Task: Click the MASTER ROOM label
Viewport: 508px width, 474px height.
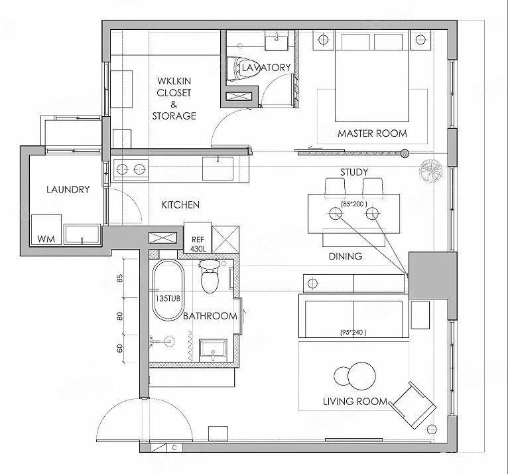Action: [372, 133]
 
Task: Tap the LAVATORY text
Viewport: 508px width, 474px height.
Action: [267, 68]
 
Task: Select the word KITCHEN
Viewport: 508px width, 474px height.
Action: [180, 205]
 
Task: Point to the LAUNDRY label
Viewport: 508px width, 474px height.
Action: [68, 189]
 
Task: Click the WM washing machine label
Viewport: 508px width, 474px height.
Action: [46, 239]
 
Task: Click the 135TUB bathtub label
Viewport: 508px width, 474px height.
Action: [168, 298]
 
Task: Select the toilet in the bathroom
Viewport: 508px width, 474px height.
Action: [210, 276]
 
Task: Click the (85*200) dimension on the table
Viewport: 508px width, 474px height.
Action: [354, 204]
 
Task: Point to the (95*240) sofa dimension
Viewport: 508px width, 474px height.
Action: [353, 333]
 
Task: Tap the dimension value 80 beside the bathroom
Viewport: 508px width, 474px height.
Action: [120, 316]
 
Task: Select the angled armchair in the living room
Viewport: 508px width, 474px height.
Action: [413, 405]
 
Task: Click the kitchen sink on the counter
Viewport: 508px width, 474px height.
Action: [218, 169]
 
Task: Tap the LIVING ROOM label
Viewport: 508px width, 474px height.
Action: [355, 402]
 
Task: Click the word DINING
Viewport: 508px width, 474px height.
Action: [346, 256]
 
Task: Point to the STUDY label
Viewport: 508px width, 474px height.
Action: [354, 172]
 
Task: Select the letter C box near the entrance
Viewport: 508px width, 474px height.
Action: [174, 448]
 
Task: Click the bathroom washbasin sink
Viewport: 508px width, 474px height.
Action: [213, 350]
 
